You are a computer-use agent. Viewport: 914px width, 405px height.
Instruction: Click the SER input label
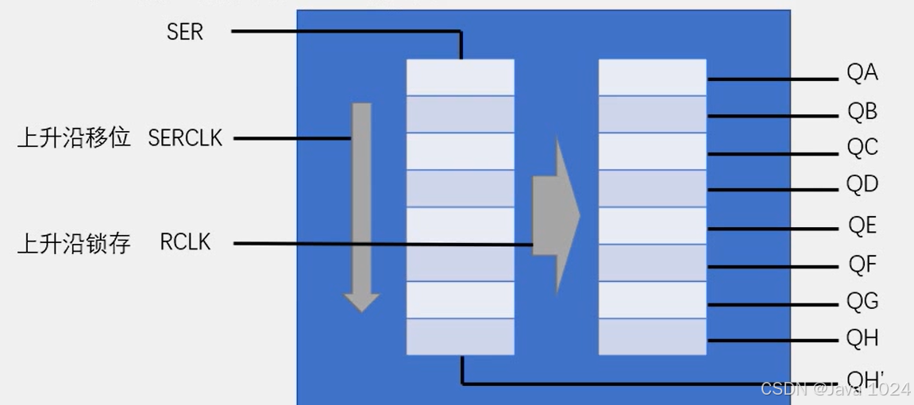click(x=185, y=32)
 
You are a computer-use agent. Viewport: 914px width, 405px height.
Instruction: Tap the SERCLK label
click(x=185, y=138)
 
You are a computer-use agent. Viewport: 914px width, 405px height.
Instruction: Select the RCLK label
click(x=185, y=242)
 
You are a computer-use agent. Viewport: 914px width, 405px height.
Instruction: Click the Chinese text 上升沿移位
click(x=74, y=138)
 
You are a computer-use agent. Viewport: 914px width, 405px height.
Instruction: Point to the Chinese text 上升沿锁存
click(x=74, y=243)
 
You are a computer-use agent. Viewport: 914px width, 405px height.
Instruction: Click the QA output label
click(x=862, y=73)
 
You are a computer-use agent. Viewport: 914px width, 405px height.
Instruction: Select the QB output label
click(x=862, y=112)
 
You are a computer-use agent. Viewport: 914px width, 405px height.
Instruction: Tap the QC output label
click(x=862, y=148)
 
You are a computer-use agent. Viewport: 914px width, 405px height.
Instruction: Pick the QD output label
click(x=862, y=185)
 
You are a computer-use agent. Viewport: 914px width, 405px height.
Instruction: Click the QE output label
click(x=862, y=226)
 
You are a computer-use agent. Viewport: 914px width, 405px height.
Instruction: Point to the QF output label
click(x=862, y=263)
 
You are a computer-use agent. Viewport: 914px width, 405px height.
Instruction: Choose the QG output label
click(x=862, y=301)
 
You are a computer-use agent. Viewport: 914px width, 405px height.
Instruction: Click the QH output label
click(x=862, y=338)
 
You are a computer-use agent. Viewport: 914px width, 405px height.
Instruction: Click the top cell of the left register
click(x=461, y=77)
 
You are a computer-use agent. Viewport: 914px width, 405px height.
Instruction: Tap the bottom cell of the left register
click(x=461, y=336)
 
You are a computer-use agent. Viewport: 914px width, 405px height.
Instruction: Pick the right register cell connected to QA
click(x=652, y=77)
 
